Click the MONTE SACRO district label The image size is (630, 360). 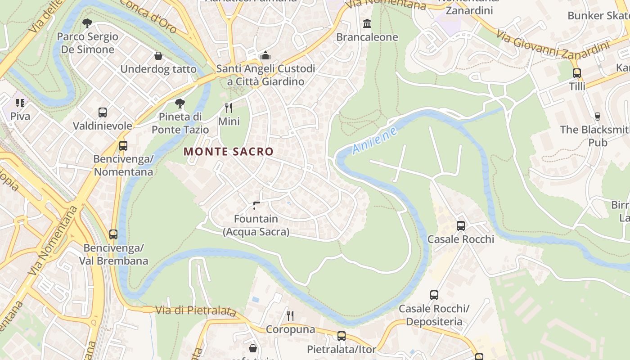pos(229,152)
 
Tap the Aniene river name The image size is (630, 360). pos(375,140)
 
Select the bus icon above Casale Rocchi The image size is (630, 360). pos(461,225)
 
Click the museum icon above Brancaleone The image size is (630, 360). pos(367,23)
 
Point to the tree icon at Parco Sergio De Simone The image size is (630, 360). pos(87,23)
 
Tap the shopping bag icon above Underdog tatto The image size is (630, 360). pos(158,56)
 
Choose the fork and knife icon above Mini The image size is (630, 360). pos(229,108)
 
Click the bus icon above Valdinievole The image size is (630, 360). pos(103,112)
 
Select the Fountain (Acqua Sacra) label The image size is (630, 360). pos(256,225)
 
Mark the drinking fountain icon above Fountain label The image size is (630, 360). pos(256,206)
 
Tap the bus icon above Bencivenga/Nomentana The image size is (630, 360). pos(123,145)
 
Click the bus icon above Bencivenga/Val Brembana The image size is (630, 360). pos(113,234)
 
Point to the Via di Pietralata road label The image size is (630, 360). pos(196,310)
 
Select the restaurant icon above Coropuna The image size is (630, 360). pos(290,316)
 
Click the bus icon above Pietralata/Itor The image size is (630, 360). pos(342,336)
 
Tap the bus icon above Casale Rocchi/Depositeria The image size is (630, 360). pos(434,295)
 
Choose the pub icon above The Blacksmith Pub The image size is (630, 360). pos(598,116)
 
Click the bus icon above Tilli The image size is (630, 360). pos(577,73)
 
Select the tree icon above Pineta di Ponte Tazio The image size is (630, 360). pos(180,103)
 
